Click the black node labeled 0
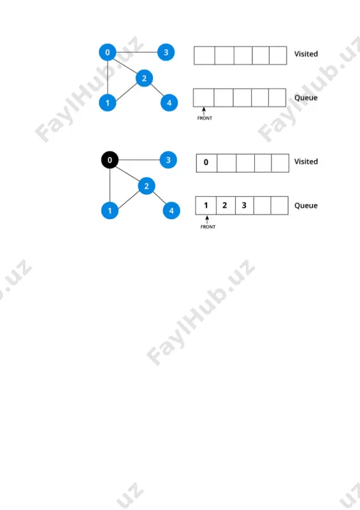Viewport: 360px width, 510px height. point(110,160)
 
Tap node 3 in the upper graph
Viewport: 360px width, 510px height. point(166,52)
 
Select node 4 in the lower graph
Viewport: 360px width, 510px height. point(171,210)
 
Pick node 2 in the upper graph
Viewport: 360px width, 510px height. point(144,78)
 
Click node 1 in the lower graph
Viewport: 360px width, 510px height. point(110,210)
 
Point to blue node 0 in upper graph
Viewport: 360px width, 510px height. point(107,52)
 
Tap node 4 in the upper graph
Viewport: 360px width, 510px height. point(169,103)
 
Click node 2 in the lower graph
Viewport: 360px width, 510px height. point(147,186)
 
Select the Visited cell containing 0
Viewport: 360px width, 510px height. point(206,163)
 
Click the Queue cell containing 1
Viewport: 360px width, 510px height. point(206,205)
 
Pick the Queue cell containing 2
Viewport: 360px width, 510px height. point(226,205)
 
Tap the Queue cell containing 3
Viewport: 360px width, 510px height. point(244,205)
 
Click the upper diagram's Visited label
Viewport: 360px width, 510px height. point(306,54)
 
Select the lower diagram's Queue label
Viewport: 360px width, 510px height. point(306,205)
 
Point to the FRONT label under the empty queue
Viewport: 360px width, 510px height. point(205,118)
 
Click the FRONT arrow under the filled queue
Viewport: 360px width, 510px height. point(207,219)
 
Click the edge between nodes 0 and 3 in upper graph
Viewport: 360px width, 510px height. point(136,52)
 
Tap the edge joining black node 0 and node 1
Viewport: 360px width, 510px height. point(110,185)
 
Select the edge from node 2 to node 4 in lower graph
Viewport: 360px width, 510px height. point(159,198)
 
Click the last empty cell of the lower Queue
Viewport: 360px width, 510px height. point(279,205)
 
